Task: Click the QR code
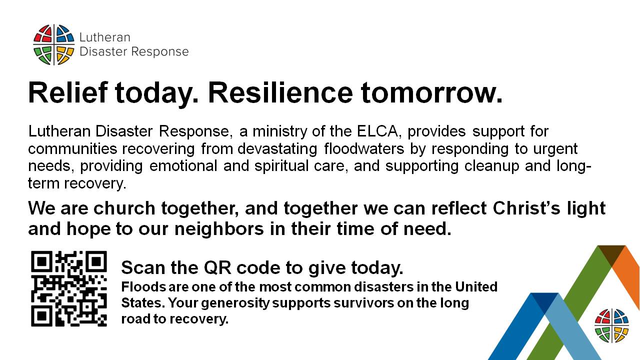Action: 69,288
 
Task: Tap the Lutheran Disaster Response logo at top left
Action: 111,45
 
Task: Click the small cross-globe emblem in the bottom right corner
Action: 611,325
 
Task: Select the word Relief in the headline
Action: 68,92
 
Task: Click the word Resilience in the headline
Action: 280,92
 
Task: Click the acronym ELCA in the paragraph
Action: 377,131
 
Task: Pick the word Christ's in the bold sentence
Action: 526,208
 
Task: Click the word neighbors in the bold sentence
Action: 219,229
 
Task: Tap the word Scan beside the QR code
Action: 143,267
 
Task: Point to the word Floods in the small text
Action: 143,286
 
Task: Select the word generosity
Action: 235,303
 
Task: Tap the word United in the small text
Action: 476,286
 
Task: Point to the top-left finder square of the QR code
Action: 41,261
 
